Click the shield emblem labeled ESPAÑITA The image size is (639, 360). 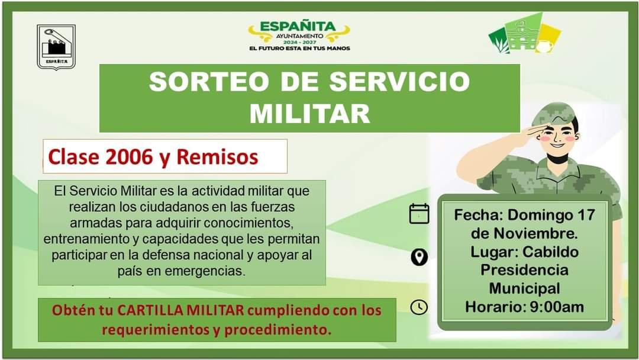point(56,47)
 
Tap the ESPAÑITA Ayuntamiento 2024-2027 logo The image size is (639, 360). point(299,36)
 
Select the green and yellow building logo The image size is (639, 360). point(524,34)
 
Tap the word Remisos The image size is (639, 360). point(217,157)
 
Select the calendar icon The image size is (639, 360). point(419,213)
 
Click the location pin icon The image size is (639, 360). point(419,257)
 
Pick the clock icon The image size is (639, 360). point(419,307)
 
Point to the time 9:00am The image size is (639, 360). point(557,307)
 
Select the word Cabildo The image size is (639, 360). point(551,252)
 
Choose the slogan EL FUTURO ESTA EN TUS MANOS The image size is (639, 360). point(299,48)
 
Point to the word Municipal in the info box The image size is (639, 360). point(524,288)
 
